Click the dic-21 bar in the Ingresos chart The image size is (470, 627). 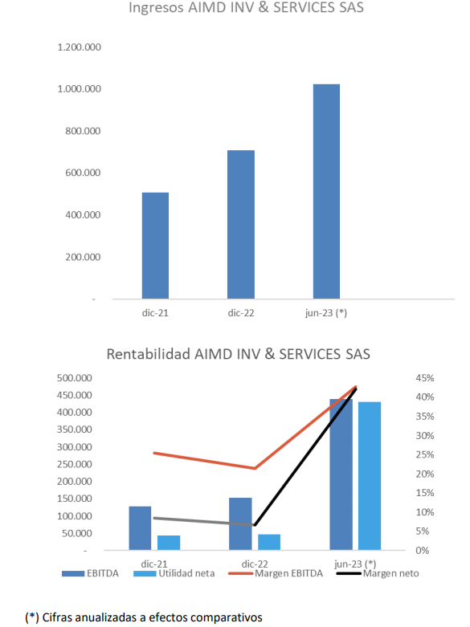[x=155, y=246]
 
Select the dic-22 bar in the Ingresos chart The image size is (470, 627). [x=241, y=224]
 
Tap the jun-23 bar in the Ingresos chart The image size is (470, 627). [x=326, y=192]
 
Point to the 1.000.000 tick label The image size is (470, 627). [x=80, y=89]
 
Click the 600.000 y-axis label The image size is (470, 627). [x=84, y=173]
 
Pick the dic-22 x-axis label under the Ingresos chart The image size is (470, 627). [x=241, y=313]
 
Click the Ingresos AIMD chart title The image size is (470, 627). [x=246, y=7]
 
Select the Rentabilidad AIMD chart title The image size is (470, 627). [x=238, y=354]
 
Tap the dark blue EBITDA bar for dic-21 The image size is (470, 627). [x=140, y=528]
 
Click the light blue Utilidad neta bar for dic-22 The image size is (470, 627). [x=269, y=542]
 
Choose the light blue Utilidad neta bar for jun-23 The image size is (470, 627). [x=370, y=476]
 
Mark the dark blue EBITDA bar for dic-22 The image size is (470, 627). [x=240, y=523]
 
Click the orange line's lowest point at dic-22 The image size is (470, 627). [x=255, y=468]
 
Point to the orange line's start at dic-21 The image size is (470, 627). [x=154, y=453]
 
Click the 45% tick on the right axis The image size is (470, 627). [x=425, y=378]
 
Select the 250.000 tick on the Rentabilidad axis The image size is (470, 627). [x=75, y=464]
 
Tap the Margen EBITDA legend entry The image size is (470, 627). [x=276, y=573]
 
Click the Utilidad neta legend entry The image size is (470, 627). [x=174, y=573]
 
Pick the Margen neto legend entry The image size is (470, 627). [x=378, y=573]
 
